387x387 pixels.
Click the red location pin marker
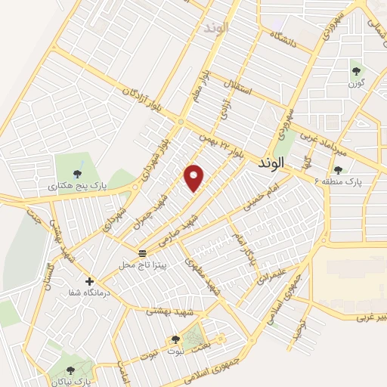[195, 177]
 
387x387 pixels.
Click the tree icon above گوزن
[355, 72]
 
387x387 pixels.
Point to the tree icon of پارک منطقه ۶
[337, 170]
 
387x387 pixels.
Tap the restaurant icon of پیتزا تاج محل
[142, 252]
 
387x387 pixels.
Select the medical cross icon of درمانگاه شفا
[90, 280]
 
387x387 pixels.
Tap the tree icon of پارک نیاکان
[70, 370]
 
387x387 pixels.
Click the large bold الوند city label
[270, 162]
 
